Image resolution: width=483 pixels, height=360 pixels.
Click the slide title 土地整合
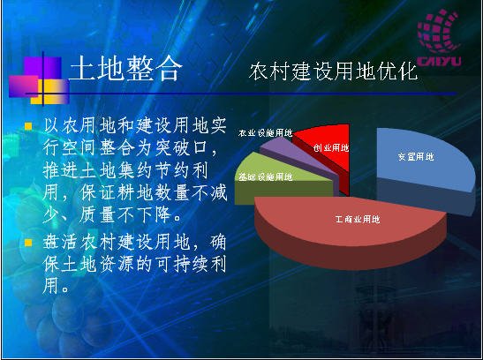coord(125,68)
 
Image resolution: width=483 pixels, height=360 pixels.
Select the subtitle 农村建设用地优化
coord(333,71)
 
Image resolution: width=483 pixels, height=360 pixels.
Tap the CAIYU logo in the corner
coord(439,38)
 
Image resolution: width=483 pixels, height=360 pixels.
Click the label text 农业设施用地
coord(265,133)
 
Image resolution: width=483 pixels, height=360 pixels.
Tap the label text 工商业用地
coord(358,219)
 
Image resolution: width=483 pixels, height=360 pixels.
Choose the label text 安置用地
coord(416,157)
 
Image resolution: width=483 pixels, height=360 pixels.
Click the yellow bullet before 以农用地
coord(28,126)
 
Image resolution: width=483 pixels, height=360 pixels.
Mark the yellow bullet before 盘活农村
coord(28,243)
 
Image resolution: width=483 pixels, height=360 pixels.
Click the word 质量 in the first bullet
coord(97,214)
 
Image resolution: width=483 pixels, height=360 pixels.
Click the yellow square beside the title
coord(50,92)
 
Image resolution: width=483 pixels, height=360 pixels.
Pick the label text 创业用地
coord(331,147)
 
